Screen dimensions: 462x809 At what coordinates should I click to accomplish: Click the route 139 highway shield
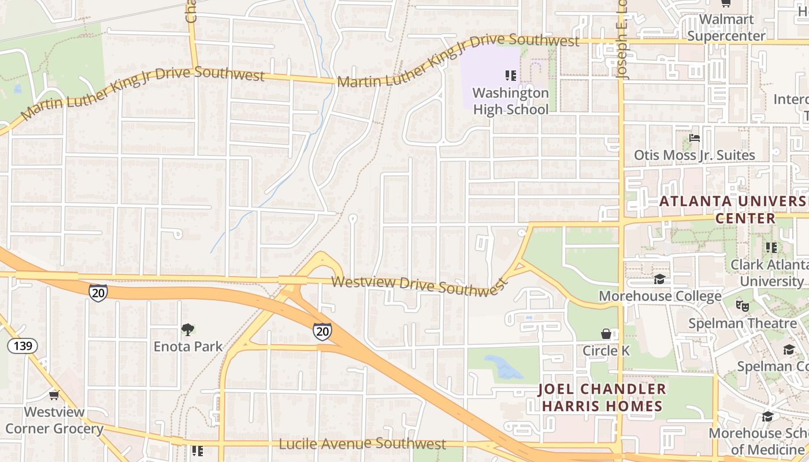click(x=23, y=346)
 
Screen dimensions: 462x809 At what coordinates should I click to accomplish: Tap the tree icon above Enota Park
click(x=187, y=330)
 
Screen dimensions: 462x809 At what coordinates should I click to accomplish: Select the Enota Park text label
click(x=188, y=346)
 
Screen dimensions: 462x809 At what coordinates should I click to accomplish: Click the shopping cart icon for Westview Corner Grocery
click(x=54, y=395)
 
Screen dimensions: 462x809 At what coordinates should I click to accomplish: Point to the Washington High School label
click(x=510, y=101)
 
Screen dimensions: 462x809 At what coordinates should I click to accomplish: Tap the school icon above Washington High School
click(x=510, y=75)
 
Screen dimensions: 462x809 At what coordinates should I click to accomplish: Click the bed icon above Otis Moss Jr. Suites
click(x=695, y=139)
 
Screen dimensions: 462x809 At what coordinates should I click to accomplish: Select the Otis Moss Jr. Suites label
click(x=694, y=155)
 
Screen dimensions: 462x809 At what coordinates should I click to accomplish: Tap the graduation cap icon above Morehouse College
click(x=659, y=280)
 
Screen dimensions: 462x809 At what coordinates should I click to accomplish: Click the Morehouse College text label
click(x=660, y=296)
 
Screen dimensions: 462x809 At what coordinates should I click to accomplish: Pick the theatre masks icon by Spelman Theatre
click(x=742, y=305)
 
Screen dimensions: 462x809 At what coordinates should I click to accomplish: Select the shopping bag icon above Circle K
click(x=606, y=334)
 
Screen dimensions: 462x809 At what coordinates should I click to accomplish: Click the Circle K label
click(x=606, y=351)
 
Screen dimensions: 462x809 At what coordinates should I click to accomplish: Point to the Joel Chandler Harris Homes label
click(x=602, y=397)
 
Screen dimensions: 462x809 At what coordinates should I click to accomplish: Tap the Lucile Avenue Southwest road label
click(x=362, y=444)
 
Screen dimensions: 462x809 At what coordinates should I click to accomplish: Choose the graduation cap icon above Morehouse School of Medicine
click(x=767, y=416)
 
